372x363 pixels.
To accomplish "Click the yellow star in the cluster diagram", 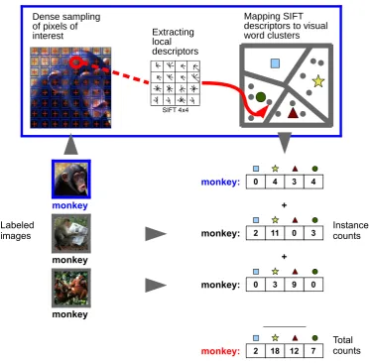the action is [318, 81].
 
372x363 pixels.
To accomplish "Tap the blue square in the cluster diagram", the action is [275, 63].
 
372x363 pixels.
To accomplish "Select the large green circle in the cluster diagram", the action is [261, 97].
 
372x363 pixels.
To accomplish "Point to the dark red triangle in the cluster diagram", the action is [293, 113].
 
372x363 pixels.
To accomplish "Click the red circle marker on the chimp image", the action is [75, 61].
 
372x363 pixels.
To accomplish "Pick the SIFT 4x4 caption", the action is [176, 110].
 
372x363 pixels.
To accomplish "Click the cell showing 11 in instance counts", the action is [275, 233].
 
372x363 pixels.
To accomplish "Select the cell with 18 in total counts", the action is [275, 351].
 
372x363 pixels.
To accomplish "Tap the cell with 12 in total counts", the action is [295, 351].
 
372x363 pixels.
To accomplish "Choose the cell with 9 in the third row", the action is [295, 285].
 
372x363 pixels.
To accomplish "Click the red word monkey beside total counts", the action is [220, 351].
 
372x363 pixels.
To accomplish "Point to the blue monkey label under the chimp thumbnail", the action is [70, 205].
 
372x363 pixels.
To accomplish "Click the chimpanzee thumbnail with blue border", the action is [71, 180].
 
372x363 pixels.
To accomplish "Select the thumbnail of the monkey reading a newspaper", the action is [71, 233].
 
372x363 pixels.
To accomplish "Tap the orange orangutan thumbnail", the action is [71, 288].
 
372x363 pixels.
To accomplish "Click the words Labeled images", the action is [17, 230].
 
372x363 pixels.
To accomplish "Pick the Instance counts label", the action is [350, 230].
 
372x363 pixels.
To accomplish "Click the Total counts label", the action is [346, 345].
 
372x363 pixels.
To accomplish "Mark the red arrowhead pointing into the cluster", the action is [263, 111].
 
